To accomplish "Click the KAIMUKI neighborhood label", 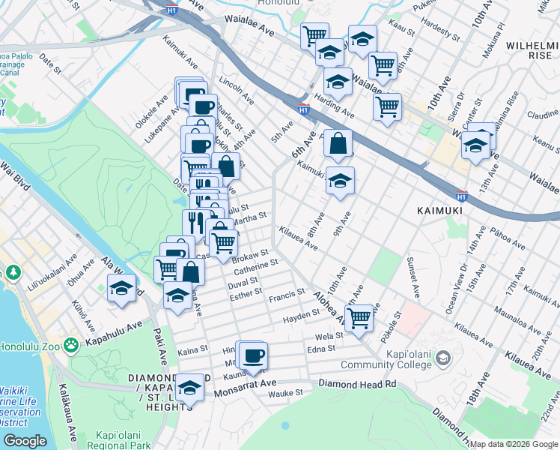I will [x=439, y=211].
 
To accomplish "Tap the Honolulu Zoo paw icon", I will [x=71, y=345].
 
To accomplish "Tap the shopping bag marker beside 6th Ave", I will [x=338, y=142].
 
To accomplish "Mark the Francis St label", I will [x=289, y=293].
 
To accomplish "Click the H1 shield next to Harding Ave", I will [x=304, y=109].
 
